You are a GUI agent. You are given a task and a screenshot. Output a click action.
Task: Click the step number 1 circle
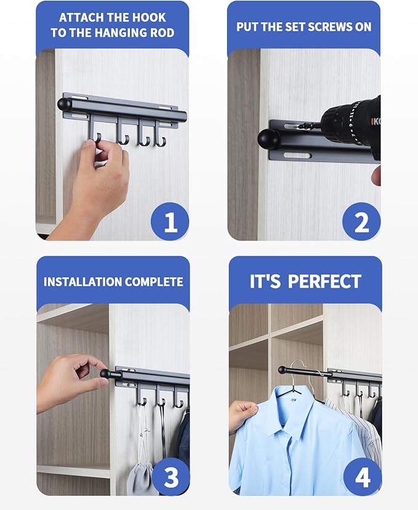pos(169,221)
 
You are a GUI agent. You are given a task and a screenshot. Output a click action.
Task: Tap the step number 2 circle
pos(361,221)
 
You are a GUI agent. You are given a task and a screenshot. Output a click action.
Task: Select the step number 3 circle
pos(169,477)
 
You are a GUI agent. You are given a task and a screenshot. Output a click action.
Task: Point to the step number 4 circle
pos(361,477)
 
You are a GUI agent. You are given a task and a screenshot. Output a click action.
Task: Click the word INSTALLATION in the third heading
pos(82,282)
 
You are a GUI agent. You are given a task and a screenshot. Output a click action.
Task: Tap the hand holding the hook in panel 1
pos(98,179)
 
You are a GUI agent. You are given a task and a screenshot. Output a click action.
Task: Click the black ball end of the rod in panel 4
pos(281,370)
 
